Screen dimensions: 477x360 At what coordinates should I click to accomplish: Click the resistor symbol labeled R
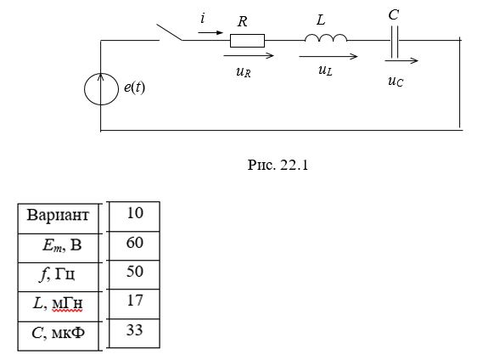point(247,41)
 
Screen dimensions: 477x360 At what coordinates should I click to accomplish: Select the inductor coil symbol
point(326,37)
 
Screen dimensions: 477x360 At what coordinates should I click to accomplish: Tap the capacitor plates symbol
point(395,42)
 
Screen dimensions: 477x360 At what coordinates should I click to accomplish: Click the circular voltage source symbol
point(101,89)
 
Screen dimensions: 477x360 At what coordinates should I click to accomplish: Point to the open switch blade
point(170,32)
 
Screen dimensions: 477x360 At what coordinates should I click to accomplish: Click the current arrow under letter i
point(210,32)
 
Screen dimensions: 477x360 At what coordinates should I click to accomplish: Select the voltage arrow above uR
point(249,55)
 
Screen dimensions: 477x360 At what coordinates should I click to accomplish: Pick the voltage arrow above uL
point(328,56)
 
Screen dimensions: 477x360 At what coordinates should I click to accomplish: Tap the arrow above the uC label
point(401,61)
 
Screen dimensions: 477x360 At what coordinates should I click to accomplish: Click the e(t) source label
point(134,87)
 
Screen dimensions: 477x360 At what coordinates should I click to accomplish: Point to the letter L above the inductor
point(321,20)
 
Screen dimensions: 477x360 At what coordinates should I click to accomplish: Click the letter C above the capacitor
point(394,14)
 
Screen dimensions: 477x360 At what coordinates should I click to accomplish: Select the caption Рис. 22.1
point(278,165)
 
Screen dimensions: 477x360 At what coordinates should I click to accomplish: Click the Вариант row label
point(58,215)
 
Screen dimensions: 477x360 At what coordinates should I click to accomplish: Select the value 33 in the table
point(134,330)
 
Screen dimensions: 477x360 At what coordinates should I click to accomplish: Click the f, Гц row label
point(57,274)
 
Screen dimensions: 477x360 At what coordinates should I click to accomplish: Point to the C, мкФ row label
point(58,333)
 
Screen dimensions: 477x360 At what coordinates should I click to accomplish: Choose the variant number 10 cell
point(134,216)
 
